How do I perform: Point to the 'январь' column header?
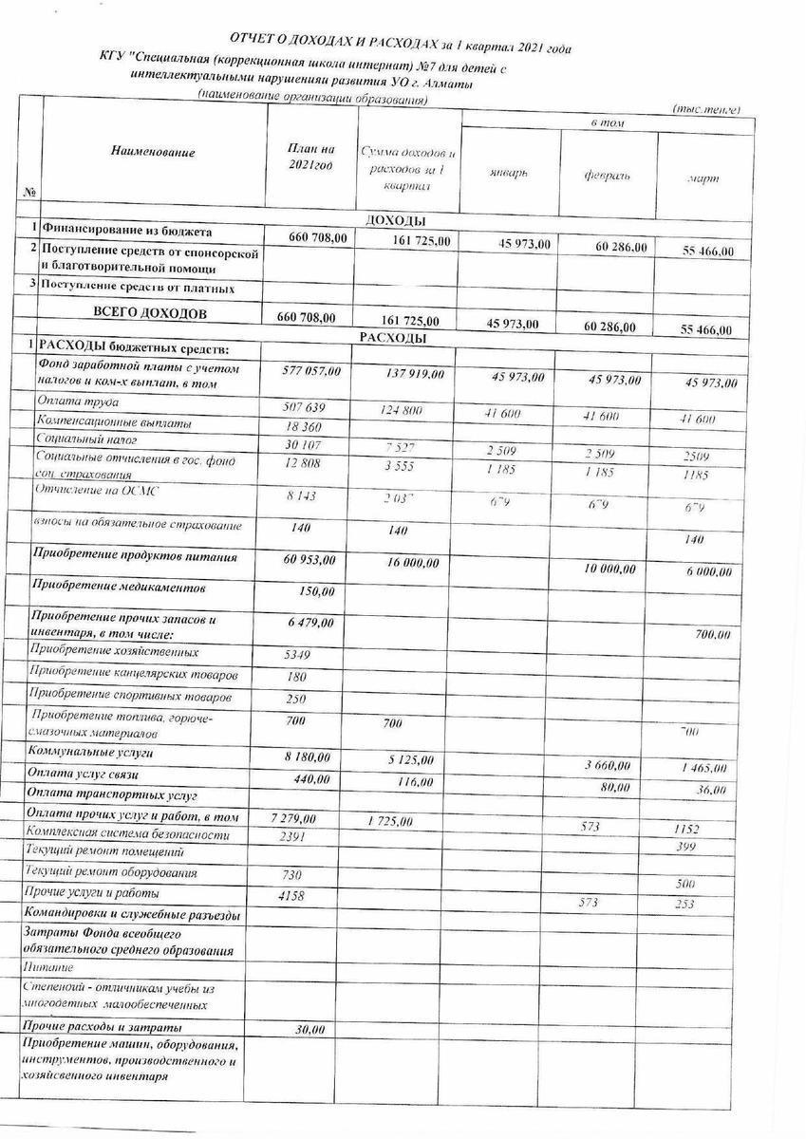tap(509, 175)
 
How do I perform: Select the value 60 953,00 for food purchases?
tap(309, 560)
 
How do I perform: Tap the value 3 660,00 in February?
tap(611, 765)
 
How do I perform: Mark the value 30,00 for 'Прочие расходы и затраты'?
tap(309, 1029)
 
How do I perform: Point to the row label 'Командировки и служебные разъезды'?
tap(129, 914)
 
